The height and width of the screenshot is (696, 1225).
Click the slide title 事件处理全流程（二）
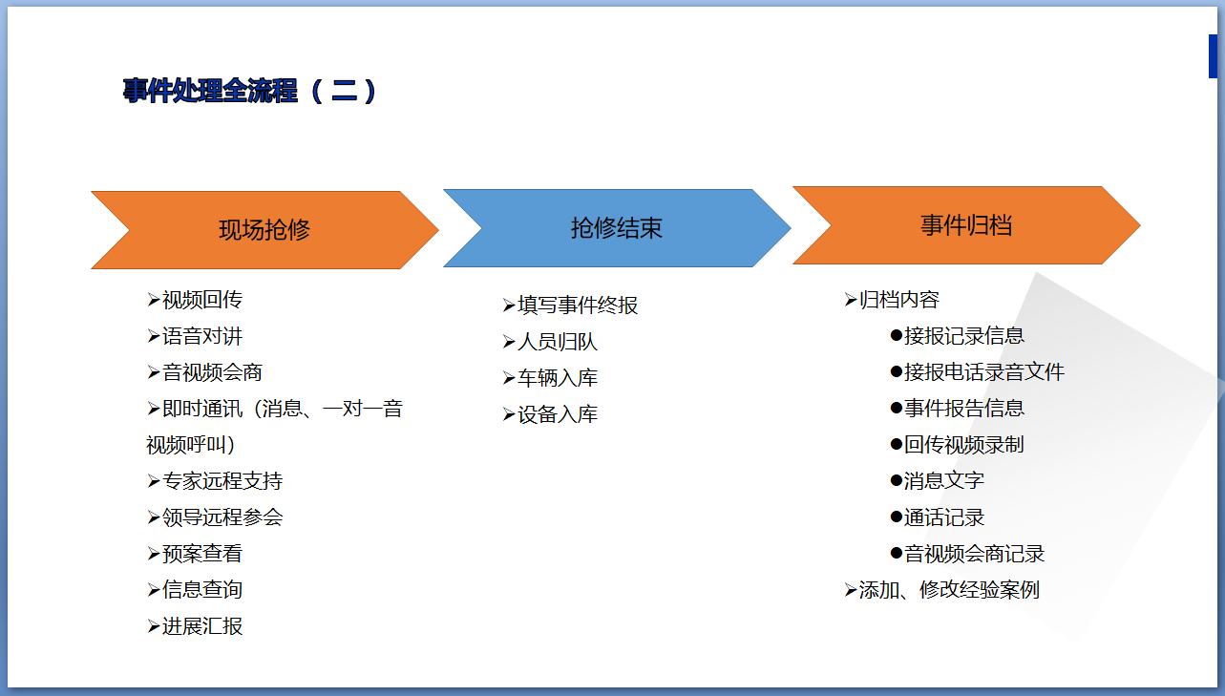coord(250,91)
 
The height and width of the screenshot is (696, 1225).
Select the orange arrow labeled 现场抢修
coord(264,230)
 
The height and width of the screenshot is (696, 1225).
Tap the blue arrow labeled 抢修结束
coord(617,228)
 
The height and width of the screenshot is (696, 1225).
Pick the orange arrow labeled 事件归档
coord(966,225)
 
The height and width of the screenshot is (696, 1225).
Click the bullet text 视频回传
coord(202,300)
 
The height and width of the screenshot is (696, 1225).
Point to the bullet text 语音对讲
coord(202,336)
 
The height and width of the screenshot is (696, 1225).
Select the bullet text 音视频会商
coord(212,372)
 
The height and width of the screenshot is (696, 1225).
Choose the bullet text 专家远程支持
coord(222,481)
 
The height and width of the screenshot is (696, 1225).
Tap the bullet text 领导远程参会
coord(222,517)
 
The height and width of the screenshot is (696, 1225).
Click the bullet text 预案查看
coord(202,554)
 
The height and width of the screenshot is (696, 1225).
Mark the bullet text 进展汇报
coord(202,626)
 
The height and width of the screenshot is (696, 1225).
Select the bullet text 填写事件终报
coord(578,306)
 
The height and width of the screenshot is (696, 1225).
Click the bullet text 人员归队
coord(558,342)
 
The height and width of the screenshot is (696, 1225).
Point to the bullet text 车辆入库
coord(558,378)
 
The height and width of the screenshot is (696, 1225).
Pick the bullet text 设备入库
coord(558,414)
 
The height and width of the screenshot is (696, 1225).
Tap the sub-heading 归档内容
coord(899,300)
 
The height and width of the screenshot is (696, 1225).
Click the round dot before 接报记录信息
coord(896,335)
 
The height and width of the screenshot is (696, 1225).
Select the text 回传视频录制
coord(963,445)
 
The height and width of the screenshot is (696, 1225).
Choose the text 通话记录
coord(944,517)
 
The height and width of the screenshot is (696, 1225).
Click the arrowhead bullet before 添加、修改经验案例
coord(851,590)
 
